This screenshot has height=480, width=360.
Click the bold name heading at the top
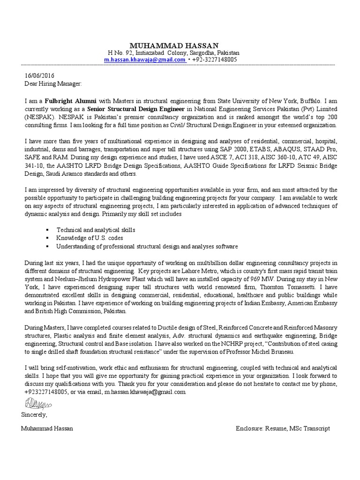174,45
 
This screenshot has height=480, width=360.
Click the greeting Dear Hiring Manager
52,84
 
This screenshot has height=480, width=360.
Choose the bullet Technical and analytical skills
96,230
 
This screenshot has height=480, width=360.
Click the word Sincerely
34,414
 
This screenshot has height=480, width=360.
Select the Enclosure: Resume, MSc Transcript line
284,428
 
